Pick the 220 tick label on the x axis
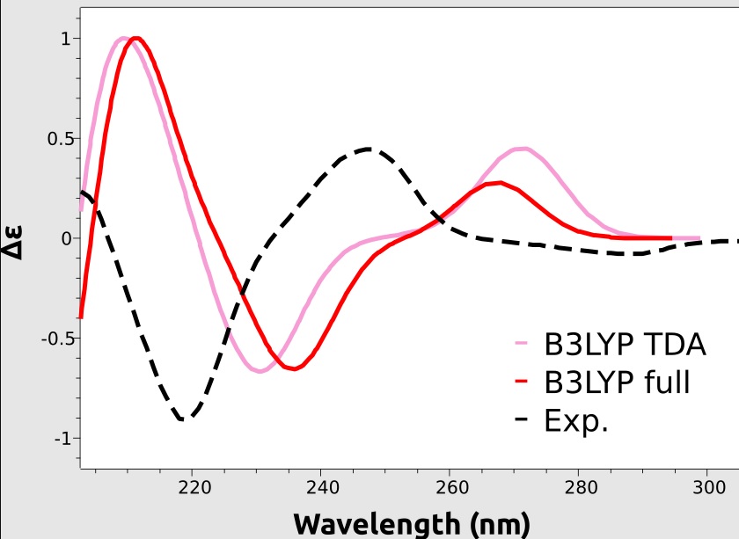[x=193, y=487]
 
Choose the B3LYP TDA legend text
[x=626, y=345]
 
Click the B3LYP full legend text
[x=617, y=383]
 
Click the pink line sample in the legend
[x=522, y=345]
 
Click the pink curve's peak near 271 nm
[x=523, y=149]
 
